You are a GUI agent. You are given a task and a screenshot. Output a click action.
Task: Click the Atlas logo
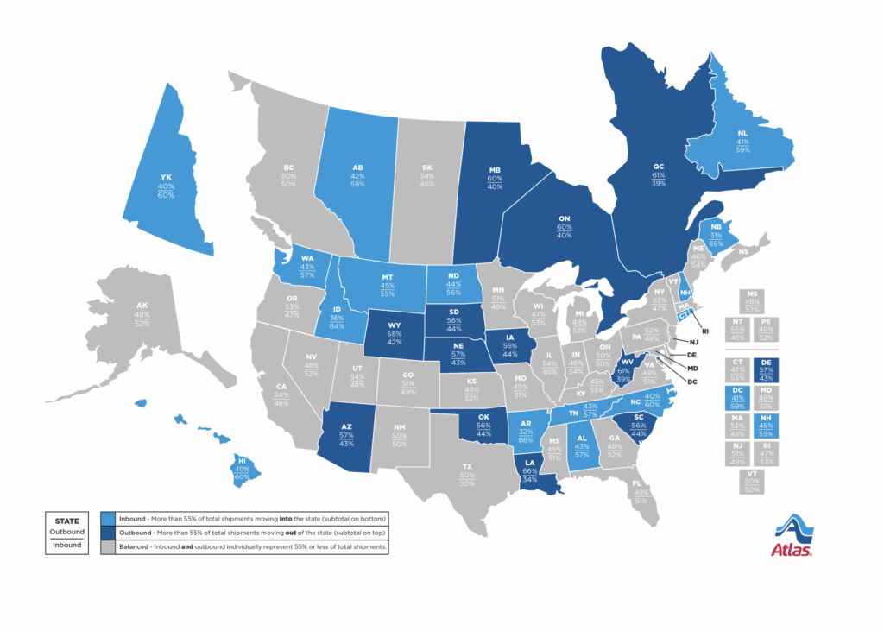point(793,535)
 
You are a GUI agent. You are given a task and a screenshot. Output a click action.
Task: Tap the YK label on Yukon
point(166,175)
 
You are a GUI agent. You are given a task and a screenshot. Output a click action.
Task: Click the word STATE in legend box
point(67,521)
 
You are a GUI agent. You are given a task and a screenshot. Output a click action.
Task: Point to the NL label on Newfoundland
point(742,133)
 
